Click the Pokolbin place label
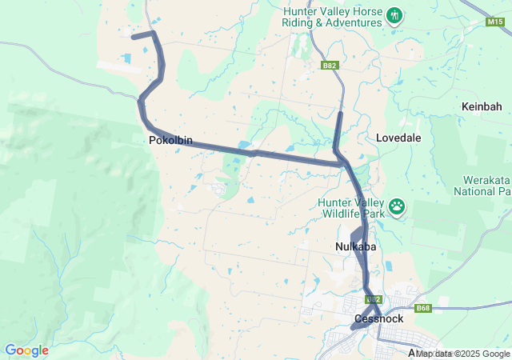(x=170, y=140)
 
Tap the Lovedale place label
(x=398, y=138)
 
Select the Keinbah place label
(x=482, y=106)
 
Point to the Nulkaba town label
(x=355, y=247)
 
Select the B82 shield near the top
(x=330, y=64)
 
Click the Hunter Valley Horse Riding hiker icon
(x=394, y=15)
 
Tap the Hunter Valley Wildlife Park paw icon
(x=398, y=208)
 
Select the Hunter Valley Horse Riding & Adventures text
(x=331, y=17)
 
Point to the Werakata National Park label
(x=482, y=186)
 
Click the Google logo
(x=26, y=350)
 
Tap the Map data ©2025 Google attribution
(x=462, y=354)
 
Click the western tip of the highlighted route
(x=133, y=36)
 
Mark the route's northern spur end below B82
(x=340, y=114)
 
